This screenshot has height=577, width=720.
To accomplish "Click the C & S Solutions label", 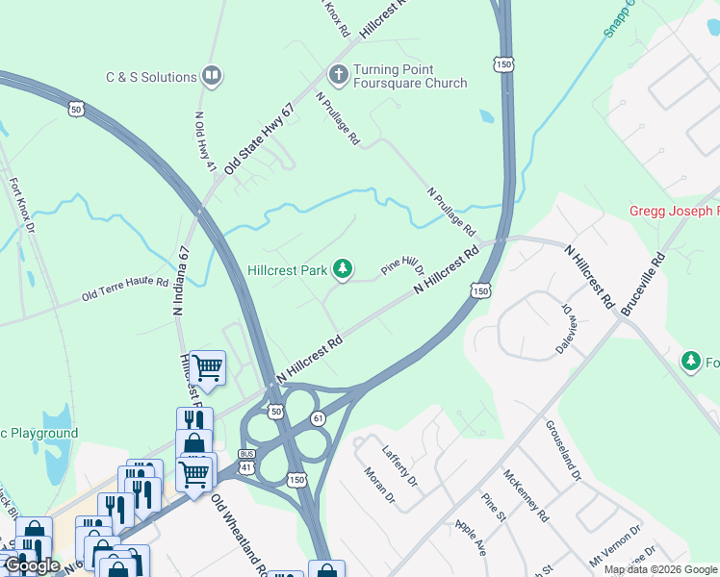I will coord(152,77).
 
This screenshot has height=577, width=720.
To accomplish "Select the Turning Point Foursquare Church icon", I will coord(338,74).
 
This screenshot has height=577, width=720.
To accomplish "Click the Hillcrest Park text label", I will coord(288,270).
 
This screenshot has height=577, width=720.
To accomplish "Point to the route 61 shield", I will coord(318,418).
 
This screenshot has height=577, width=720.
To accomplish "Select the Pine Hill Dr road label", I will coord(402,265).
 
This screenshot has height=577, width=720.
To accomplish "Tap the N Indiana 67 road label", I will coord(180,280).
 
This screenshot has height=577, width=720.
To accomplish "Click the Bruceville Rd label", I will coord(643,285).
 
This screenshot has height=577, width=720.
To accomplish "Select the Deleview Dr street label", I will coord(564,331).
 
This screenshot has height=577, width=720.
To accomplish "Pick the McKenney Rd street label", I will coord(526,495).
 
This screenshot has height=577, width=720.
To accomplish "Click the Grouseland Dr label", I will coord(563,450).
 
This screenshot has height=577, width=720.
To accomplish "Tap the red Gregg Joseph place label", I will coord(674,211).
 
